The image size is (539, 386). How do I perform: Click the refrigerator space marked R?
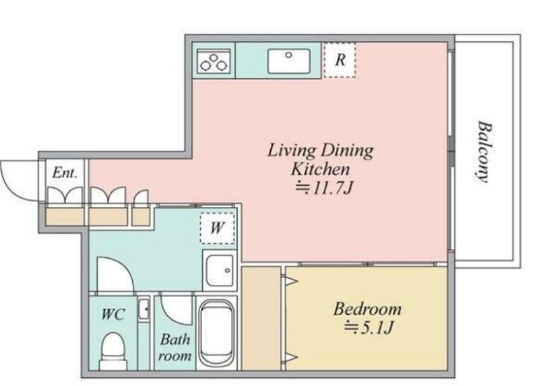tap(340, 60)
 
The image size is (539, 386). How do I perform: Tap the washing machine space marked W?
tap(218, 228)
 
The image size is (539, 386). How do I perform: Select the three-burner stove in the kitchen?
tap(214, 61)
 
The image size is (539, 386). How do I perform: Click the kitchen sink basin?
tap(289, 61)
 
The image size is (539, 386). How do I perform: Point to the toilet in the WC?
tap(113, 350)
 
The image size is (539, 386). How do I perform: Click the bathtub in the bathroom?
tap(217, 333)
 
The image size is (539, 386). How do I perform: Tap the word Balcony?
tap(484, 152)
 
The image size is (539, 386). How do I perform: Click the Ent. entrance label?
tap(65, 172)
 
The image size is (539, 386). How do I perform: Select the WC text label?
tap(113, 314)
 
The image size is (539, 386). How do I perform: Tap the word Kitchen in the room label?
tap(321, 169)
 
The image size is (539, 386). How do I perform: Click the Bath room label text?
tap(175, 348)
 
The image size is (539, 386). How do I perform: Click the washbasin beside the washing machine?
tap(220, 269)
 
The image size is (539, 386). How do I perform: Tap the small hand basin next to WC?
tap(144, 309)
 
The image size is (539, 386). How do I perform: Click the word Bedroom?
tap(367, 309)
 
